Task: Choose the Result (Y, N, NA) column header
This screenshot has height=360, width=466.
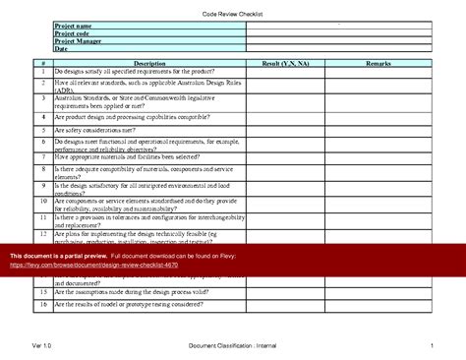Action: (x=286, y=63)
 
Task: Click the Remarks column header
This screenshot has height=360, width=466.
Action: (x=379, y=63)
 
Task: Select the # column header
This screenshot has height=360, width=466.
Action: (x=44, y=63)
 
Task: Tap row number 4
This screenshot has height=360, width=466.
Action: (x=44, y=115)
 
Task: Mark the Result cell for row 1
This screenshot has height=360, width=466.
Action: (x=286, y=72)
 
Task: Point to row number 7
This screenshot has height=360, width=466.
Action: (x=44, y=156)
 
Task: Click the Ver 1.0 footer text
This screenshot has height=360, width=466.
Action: (x=41, y=346)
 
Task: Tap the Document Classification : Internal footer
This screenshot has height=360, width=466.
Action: (x=233, y=346)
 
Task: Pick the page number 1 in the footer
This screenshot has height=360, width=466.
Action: (x=432, y=346)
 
